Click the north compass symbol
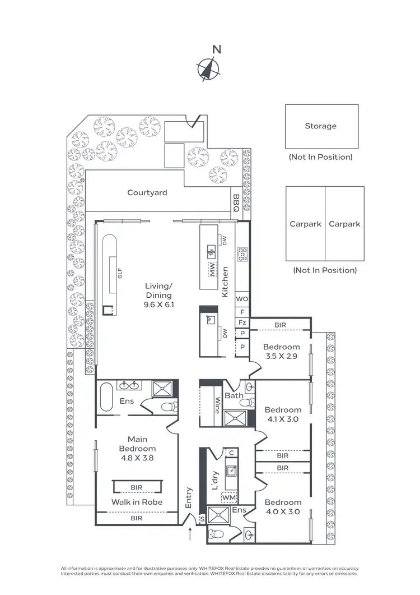tap(208, 68)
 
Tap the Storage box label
tap(320, 126)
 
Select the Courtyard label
tap(147, 193)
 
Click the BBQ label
tap(236, 202)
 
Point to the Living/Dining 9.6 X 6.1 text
tap(158, 295)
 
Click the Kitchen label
tap(225, 282)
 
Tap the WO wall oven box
tap(242, 299)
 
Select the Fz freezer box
tap(242, 322)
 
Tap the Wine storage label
tap(217, 405)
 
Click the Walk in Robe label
tap(137, 502)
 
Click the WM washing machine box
tap(229, 497)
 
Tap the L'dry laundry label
tap(216, 481)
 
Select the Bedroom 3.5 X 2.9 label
tap(282, 352)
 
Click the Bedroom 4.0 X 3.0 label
tap(283, 506)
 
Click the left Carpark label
tap(305, 224)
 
